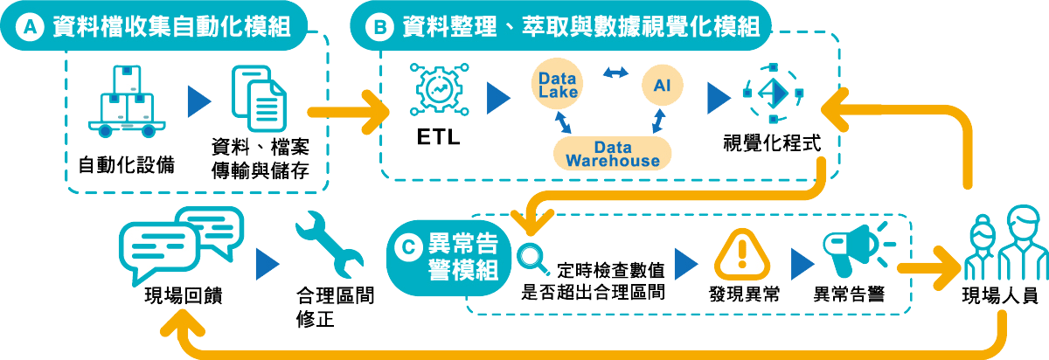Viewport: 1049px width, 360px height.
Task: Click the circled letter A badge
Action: click(31, 27)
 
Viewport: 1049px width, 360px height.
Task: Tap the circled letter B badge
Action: click(379, 27)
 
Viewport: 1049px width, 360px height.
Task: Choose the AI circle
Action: click(663, 85)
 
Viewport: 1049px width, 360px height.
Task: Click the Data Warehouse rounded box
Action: click(612, 154)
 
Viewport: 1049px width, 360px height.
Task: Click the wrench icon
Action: click(328, 247)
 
